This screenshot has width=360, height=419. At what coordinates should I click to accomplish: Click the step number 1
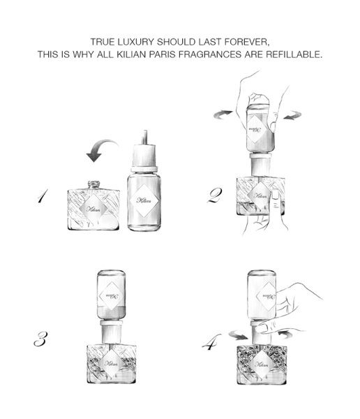point(43,196)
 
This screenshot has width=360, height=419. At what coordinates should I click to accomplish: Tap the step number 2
point(214,196)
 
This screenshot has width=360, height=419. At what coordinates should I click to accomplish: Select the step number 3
point(41,339)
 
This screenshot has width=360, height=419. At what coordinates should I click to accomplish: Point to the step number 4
point(211,341)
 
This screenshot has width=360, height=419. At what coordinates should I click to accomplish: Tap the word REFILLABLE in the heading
point(294,54)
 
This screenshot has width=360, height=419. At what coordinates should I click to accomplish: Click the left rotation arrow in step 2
point(222,115)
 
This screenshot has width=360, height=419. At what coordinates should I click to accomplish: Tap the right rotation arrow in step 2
point(293,115)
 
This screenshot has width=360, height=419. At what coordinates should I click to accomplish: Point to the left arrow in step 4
point(239,335)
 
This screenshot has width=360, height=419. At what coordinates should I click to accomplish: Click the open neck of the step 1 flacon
point(93,184)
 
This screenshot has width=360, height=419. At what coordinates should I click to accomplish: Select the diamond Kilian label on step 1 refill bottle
point(144,200)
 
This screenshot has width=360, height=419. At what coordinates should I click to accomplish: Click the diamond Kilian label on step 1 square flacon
point(93,209)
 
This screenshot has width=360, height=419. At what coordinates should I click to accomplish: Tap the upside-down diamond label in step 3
point(111,296)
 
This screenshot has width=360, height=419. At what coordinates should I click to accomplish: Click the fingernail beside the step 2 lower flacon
point(276,195)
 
